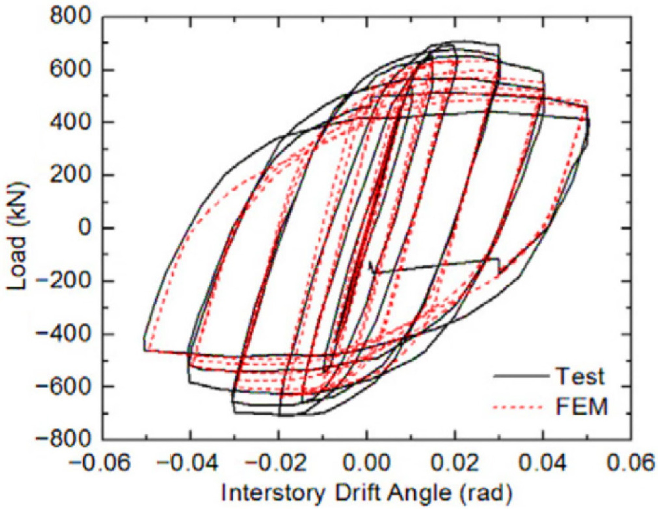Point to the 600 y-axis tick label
(70, 69)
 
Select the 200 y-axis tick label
(70, 175)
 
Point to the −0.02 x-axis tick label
(277, 463)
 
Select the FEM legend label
(582, 407)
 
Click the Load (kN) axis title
(18, 236)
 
